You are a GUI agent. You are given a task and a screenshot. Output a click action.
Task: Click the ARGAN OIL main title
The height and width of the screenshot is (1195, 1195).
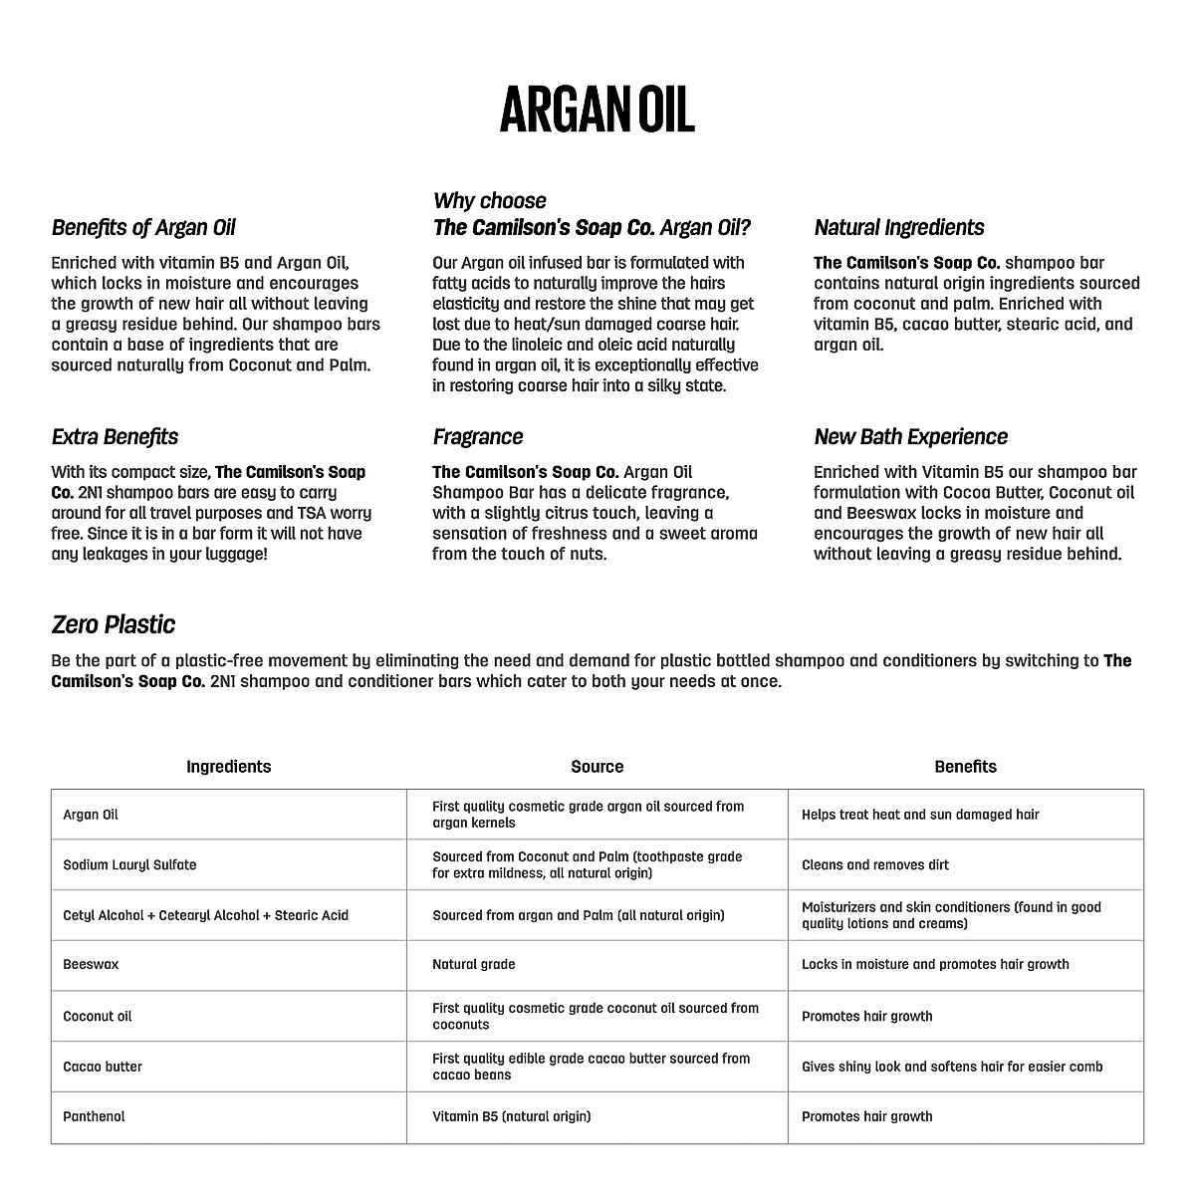tap(597, 109)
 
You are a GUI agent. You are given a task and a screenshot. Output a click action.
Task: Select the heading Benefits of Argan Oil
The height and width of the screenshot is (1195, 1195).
tap(143, 227)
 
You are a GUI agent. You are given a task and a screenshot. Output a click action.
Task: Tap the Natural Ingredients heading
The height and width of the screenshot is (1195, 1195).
tap(898, 227)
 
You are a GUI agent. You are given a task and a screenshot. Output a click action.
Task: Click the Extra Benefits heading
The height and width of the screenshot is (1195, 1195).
tap(115, 436)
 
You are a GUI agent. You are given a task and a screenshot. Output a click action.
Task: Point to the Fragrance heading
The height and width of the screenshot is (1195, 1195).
tap(477, 436)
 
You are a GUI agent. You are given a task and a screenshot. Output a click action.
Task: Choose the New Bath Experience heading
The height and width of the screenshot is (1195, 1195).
tap(910, 436)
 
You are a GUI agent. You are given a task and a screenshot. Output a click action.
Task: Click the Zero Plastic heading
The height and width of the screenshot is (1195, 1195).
tap(113, 624)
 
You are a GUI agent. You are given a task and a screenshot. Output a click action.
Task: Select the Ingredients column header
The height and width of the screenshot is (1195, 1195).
tap(228, 766)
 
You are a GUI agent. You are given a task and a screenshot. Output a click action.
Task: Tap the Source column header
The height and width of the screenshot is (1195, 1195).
tap(597, 766)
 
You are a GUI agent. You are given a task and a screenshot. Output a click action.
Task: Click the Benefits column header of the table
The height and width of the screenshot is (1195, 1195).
tap(965, 766)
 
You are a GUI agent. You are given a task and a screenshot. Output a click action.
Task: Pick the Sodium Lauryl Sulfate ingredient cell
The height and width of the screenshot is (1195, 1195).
tap(129, 864)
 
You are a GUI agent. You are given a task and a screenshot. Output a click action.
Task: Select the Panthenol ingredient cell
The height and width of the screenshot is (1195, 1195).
tap(94, 1116)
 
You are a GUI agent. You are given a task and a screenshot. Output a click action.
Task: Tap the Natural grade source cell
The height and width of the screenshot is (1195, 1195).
tap(473, 964)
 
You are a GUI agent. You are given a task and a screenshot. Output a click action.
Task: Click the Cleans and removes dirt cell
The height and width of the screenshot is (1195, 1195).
tap(874, 864)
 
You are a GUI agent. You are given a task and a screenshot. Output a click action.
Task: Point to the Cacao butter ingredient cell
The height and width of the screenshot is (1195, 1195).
tap(103, 1067)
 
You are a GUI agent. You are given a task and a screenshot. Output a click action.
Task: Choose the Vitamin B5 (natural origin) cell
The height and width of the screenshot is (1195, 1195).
tap(511, 1116)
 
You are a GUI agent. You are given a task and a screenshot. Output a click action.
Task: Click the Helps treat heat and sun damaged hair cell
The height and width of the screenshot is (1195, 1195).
tap(919, 815)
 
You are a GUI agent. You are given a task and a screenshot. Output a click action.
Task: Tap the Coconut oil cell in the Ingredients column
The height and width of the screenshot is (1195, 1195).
tap(97, 1016)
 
